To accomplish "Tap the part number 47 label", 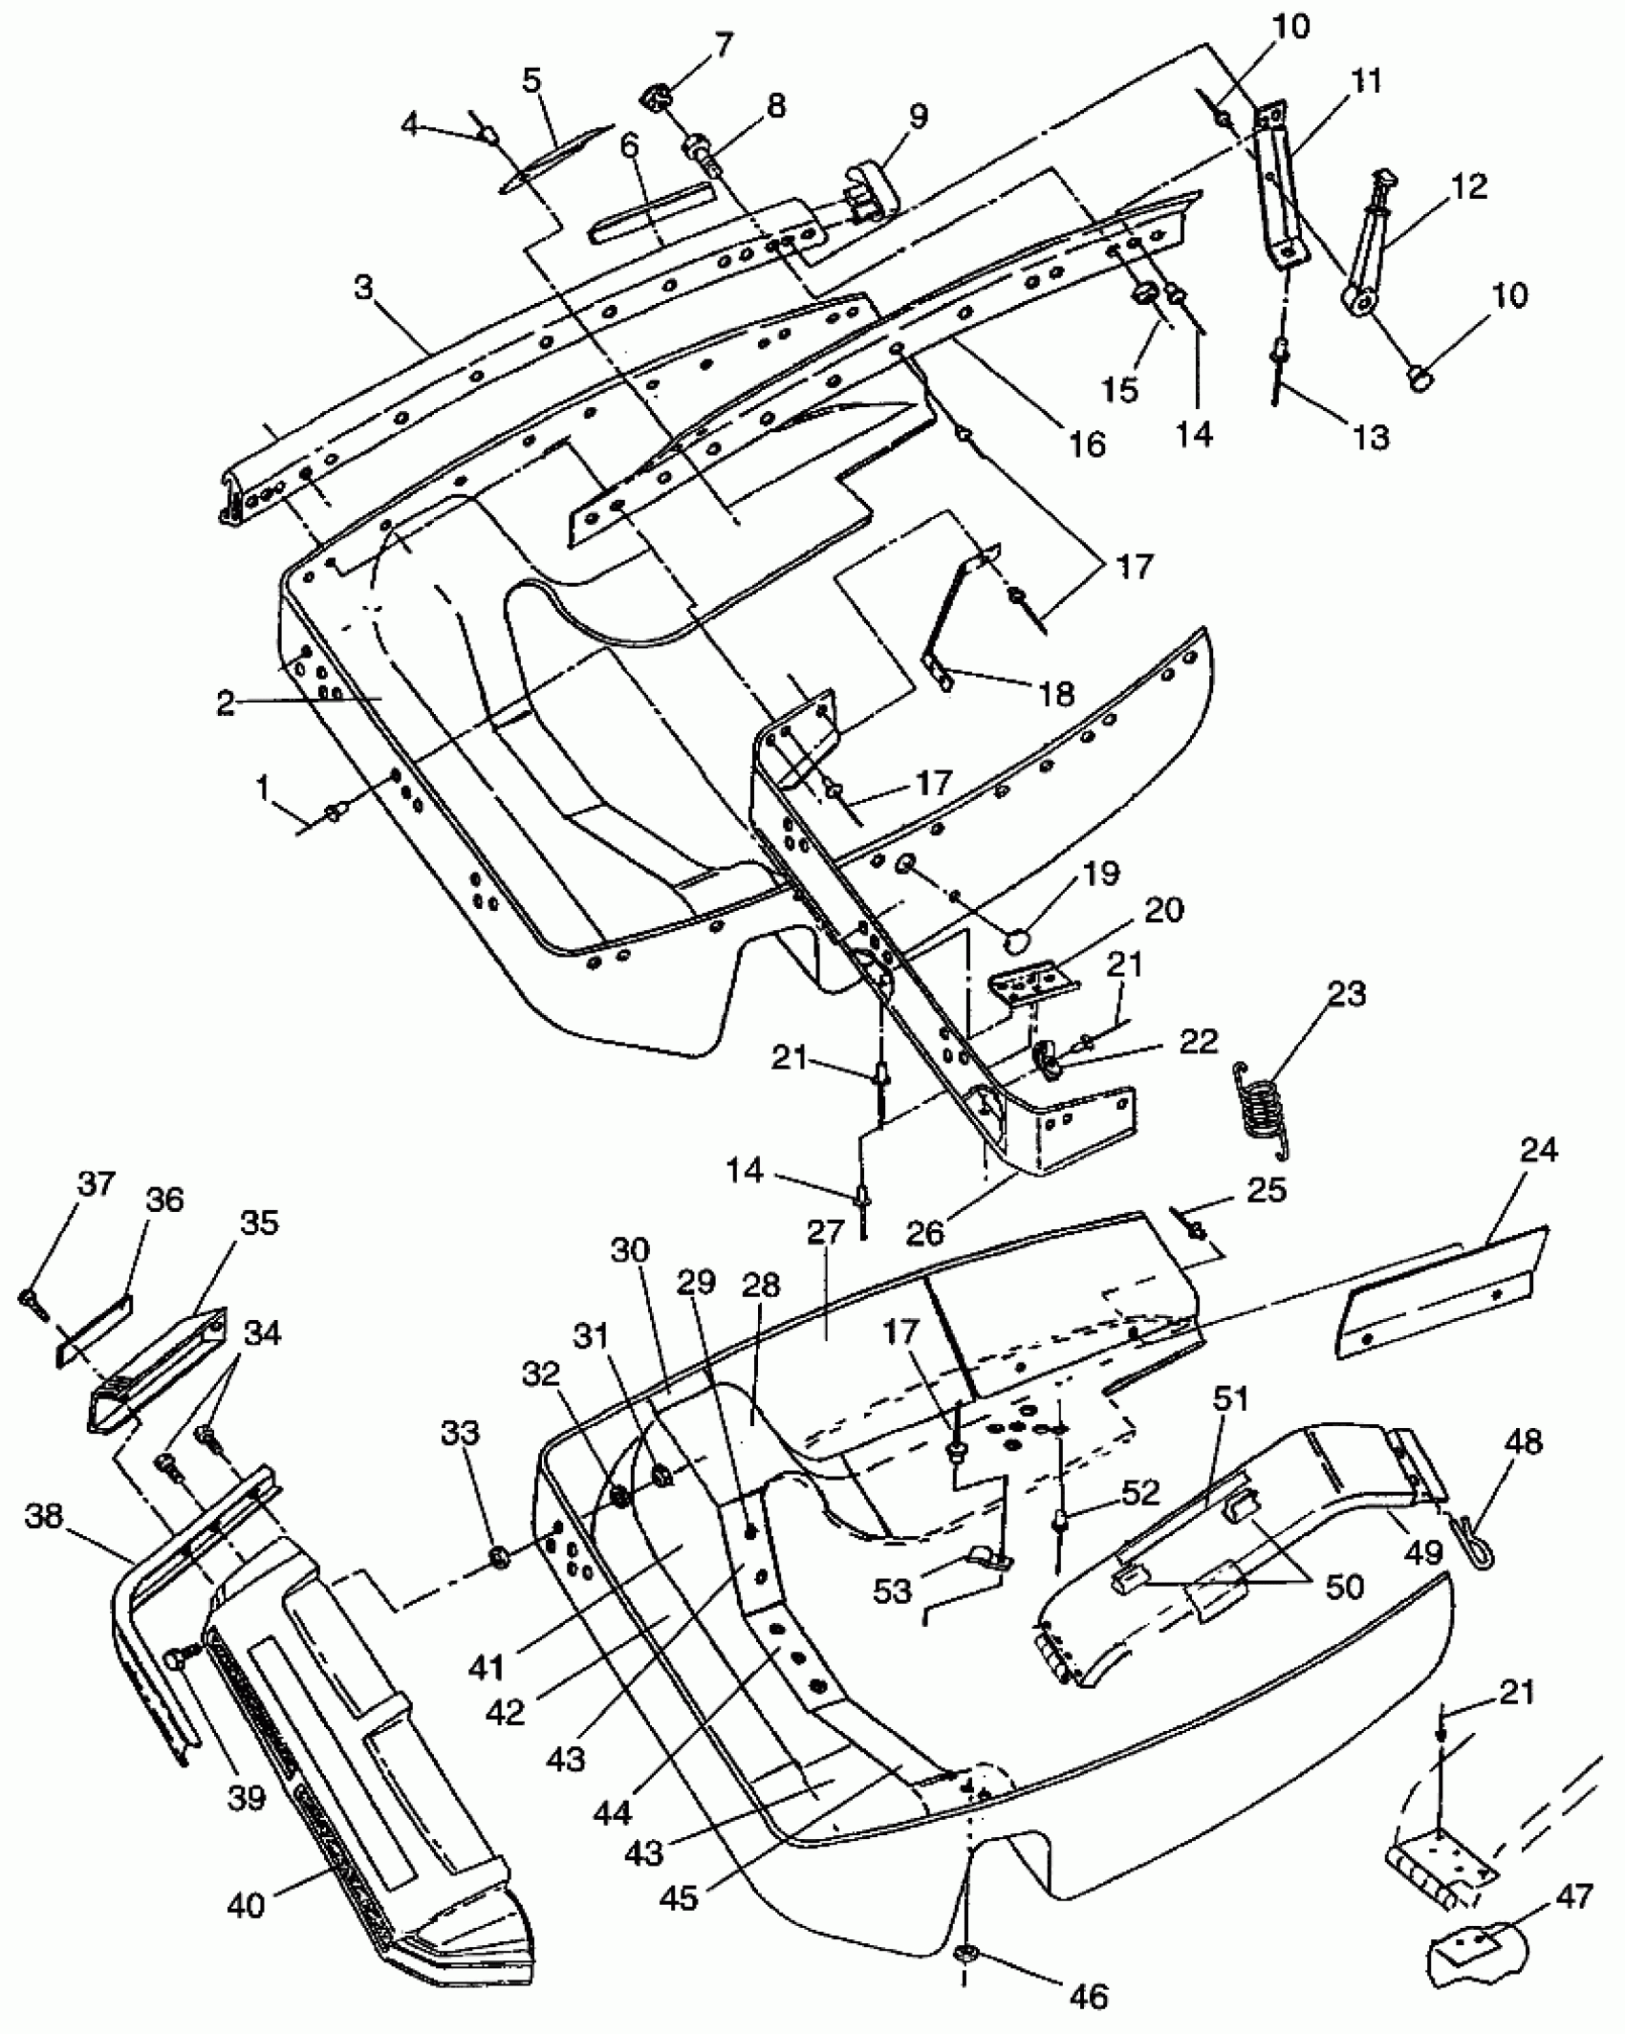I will [1575, 1895].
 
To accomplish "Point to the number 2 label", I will [226, 703].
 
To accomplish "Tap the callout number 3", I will [364, 289].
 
